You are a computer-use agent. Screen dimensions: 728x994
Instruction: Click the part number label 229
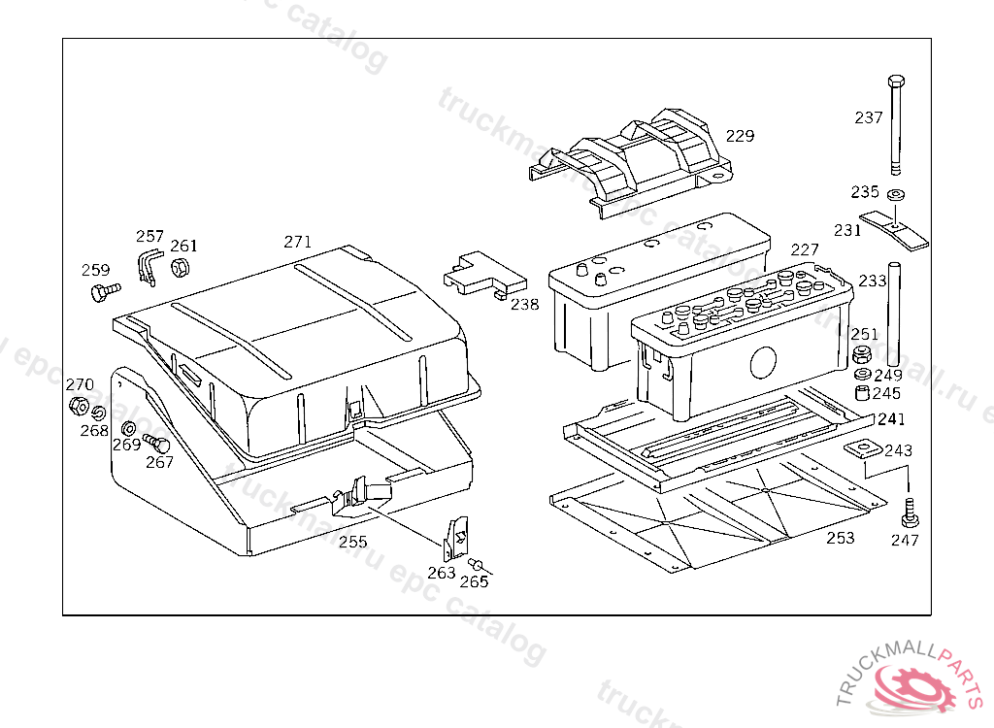point(740,136)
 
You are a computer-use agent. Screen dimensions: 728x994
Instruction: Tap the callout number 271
point(297,242)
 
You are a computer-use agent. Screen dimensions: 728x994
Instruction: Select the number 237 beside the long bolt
point(869,117)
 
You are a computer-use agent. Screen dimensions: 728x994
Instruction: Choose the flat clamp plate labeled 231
point(895,229)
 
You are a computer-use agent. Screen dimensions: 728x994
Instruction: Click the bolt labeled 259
point(103,291)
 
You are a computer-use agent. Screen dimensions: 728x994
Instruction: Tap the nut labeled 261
point(181,268)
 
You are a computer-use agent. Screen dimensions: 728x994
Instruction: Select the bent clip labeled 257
point(148,266)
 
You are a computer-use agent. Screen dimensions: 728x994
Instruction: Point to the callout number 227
point(805,250)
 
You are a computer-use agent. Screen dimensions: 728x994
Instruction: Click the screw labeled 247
point(910,510)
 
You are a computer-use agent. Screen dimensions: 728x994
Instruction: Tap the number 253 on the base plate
point(840,538)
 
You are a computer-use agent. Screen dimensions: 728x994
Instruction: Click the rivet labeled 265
point(477,565)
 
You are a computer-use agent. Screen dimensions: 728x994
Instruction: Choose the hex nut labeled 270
point(80,406)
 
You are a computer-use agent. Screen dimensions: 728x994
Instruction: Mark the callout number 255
point(352,542)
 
